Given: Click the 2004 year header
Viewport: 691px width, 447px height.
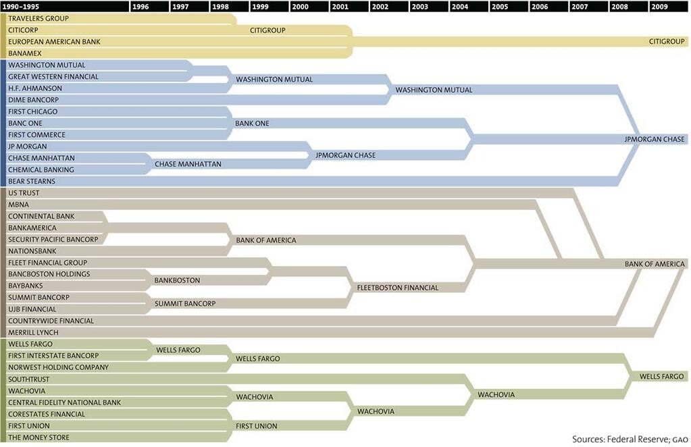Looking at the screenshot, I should click(x=459, y=6).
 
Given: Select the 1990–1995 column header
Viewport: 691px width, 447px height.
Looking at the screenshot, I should click(x=21, y=6).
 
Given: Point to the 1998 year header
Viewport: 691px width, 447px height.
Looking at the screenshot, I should click(x=220, y=6).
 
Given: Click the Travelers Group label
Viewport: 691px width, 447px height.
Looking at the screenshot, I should click(x=39, y=18).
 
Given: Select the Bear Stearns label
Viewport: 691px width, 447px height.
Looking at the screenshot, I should click(x=32, y=181).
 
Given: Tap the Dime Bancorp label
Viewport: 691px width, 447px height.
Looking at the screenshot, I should click(x=33, y=100).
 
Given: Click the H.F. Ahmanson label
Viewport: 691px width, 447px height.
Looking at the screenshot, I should click(x=35, y=88).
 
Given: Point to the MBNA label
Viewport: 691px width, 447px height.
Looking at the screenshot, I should click(x=19, y=205).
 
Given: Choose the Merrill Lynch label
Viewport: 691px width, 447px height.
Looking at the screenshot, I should click(x=33, y=332).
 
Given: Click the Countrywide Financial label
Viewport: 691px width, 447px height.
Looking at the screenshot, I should click(x=51, y=321).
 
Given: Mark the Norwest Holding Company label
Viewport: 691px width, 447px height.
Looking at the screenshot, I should click(x=58, y=367).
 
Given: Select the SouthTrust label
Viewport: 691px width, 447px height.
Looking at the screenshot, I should click(x=28, y=379).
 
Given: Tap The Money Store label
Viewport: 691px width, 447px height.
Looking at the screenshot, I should click(x=39, y=438).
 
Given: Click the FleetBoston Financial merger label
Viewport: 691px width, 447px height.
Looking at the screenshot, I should click(x=397, y=288).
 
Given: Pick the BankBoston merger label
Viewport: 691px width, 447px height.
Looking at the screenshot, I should click(x=177, y=280).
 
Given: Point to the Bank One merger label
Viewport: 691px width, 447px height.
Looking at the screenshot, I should click(x=252, y=124).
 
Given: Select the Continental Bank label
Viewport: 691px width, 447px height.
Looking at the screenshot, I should click(x=41, y=216).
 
